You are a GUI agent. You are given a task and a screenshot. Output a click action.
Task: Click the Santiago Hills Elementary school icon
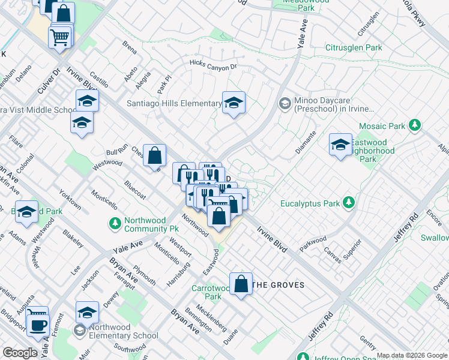[x=234, y=103]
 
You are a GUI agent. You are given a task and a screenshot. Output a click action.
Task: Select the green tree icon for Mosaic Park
[x=414, y=125]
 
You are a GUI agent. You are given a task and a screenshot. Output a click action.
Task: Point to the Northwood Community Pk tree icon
[x=115, y=224]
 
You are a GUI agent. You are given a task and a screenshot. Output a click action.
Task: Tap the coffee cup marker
[x=39, y=325]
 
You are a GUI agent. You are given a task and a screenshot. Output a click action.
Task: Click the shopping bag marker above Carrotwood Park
[x=241, y=284]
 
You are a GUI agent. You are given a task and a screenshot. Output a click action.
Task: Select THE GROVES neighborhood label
[x=278, y=285]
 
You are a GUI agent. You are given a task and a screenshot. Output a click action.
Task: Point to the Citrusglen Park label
[x=354, y=47]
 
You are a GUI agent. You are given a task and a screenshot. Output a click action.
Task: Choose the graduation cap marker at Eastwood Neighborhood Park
[x=340, y=145]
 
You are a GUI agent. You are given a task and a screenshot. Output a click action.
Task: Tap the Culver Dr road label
[x=50, y=80]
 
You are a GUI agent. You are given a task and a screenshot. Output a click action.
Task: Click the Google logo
[x=20, y=353]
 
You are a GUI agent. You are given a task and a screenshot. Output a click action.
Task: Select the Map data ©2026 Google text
[x=412, y=355]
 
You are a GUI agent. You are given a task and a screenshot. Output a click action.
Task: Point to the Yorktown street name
[x=70, y=200]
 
